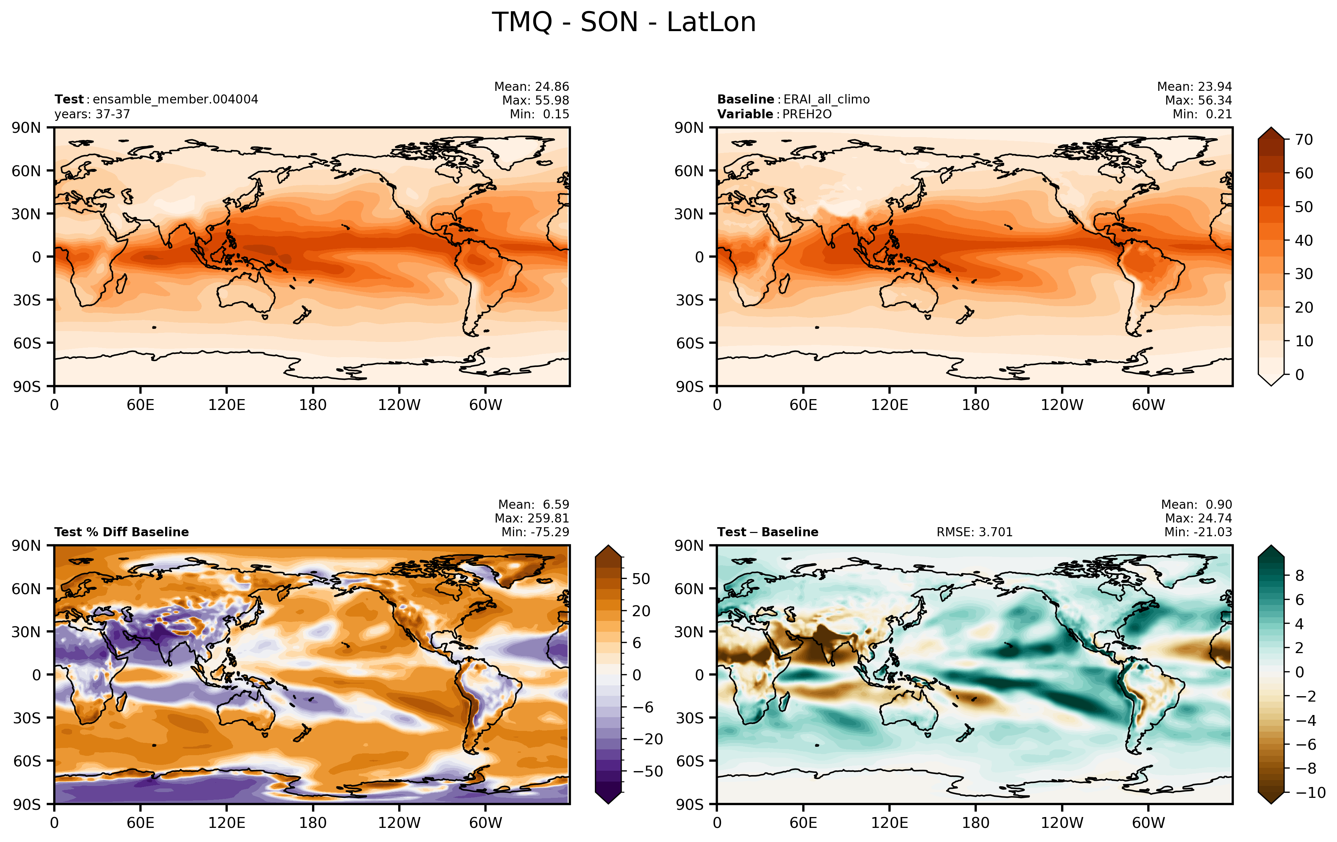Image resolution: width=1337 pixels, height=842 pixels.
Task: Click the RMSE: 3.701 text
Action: click(975, 532)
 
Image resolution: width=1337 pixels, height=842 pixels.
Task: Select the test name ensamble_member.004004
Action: click(176, 100)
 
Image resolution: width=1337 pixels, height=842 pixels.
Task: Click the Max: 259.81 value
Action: click(532, 518)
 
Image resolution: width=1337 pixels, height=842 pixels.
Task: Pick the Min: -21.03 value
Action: click(1198, 532)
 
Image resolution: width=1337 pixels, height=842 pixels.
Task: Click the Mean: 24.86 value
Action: click(531, 86)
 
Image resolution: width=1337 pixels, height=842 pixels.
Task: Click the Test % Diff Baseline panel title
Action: click(122, 532)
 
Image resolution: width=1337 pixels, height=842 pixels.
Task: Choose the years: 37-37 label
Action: click(92, 114)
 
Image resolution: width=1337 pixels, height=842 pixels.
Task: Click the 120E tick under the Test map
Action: click(227, 405)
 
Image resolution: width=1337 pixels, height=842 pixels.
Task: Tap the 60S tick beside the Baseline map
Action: click(690, 343)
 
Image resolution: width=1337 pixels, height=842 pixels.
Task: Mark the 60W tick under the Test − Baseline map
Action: click(1148, 822)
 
